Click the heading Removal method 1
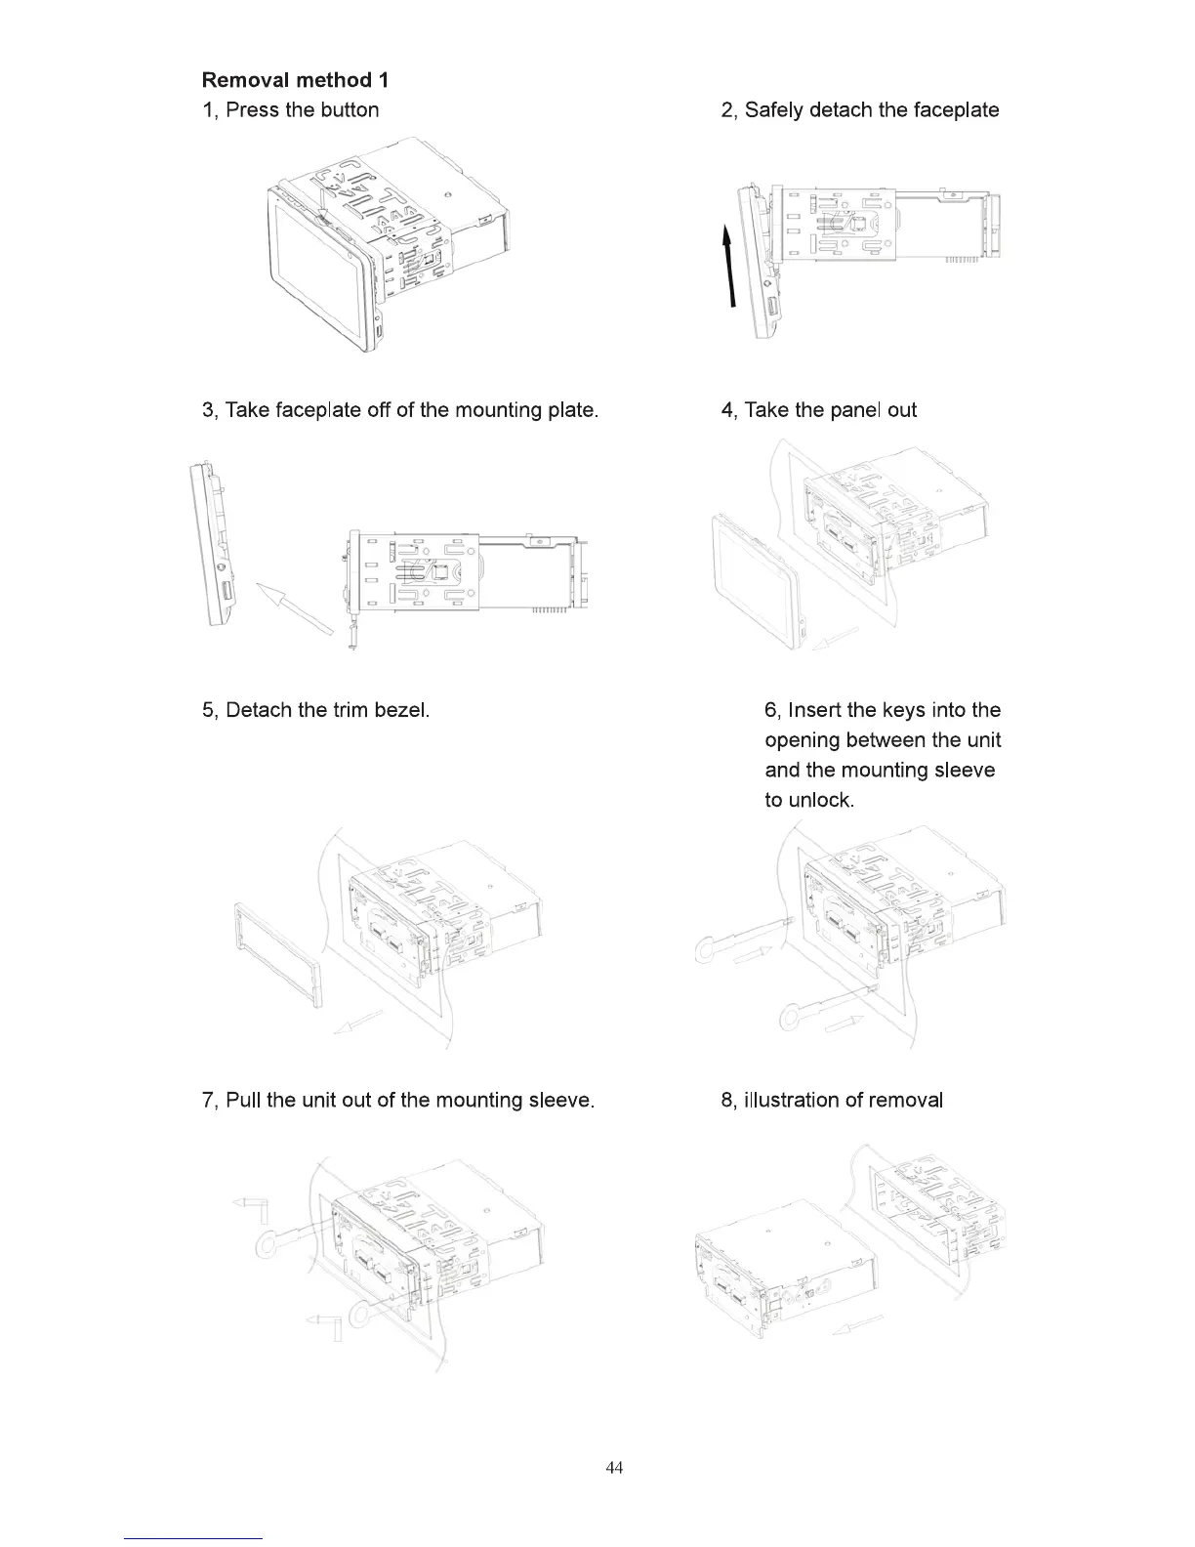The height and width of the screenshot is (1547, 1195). coord(295,80)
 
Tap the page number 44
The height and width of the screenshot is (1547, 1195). coord(615,1468)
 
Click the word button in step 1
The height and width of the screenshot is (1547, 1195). coord(348,110)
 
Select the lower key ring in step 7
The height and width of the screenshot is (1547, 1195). coord(364,1315)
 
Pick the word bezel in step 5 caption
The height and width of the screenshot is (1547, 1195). coord(401,711)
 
